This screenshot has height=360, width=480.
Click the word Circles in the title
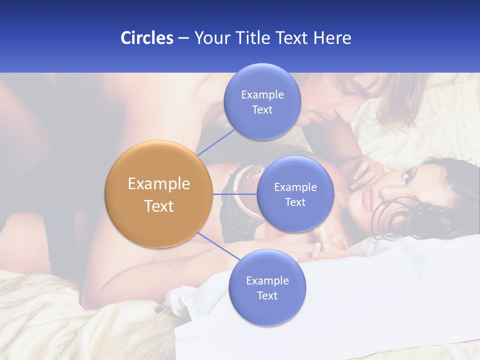click(x=146, y=38)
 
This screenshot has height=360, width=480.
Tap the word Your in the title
click(x=211, y=38)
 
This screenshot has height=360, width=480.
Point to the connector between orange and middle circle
click(x=235, y=194)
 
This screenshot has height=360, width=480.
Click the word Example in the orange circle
click(x=158, y=184)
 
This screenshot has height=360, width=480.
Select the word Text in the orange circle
click(x=158, y=206)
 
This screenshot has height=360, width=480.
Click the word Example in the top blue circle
click(x=262, y=95)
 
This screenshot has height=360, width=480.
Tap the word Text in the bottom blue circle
click(x=267, y=295)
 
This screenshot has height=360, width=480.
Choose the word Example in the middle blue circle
click(x=295, y=187)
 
